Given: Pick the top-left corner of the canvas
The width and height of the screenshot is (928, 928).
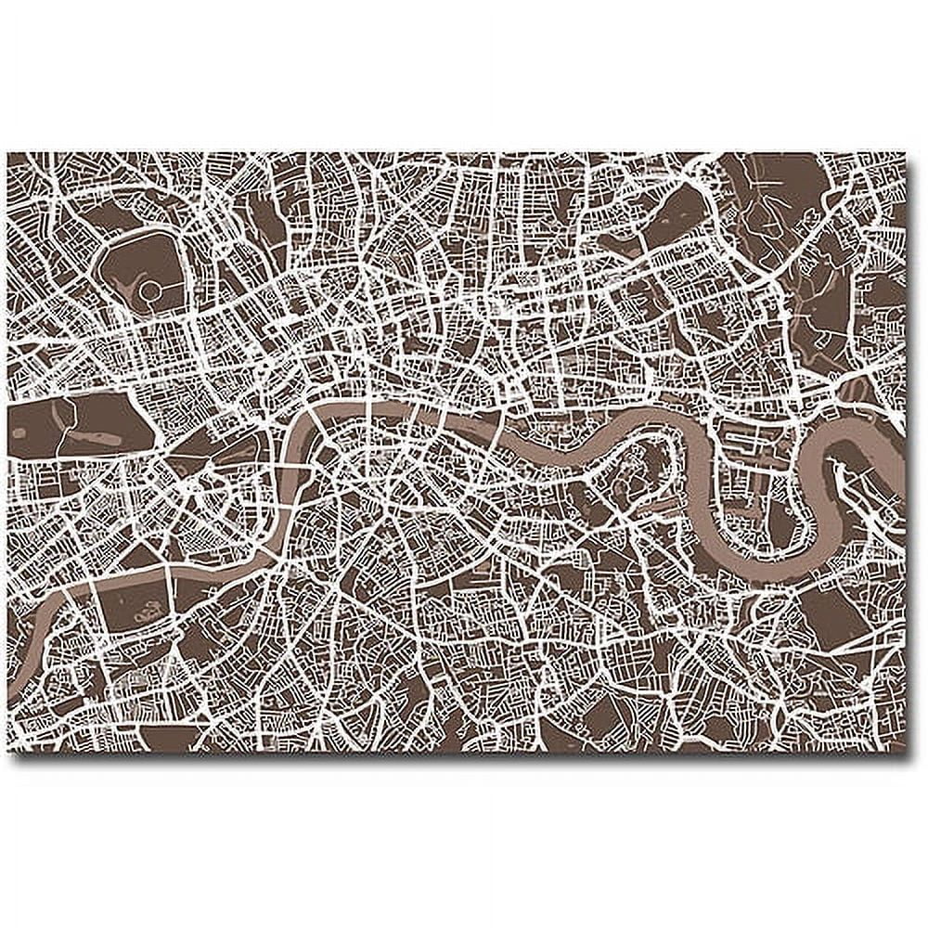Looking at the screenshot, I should [x=8, y=154].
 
